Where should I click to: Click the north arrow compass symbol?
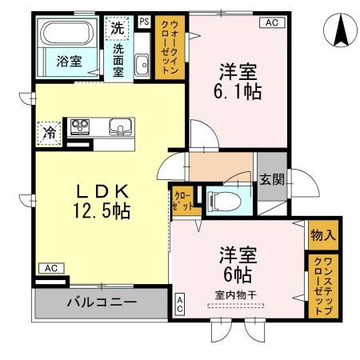coord(339,31)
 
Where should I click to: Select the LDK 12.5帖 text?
coord(102,202)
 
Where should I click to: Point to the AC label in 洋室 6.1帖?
coord(271,22)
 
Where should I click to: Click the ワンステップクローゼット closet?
coord(323,284)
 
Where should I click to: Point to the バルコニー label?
coord(101,302)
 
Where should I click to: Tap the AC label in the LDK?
coord(49,268)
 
